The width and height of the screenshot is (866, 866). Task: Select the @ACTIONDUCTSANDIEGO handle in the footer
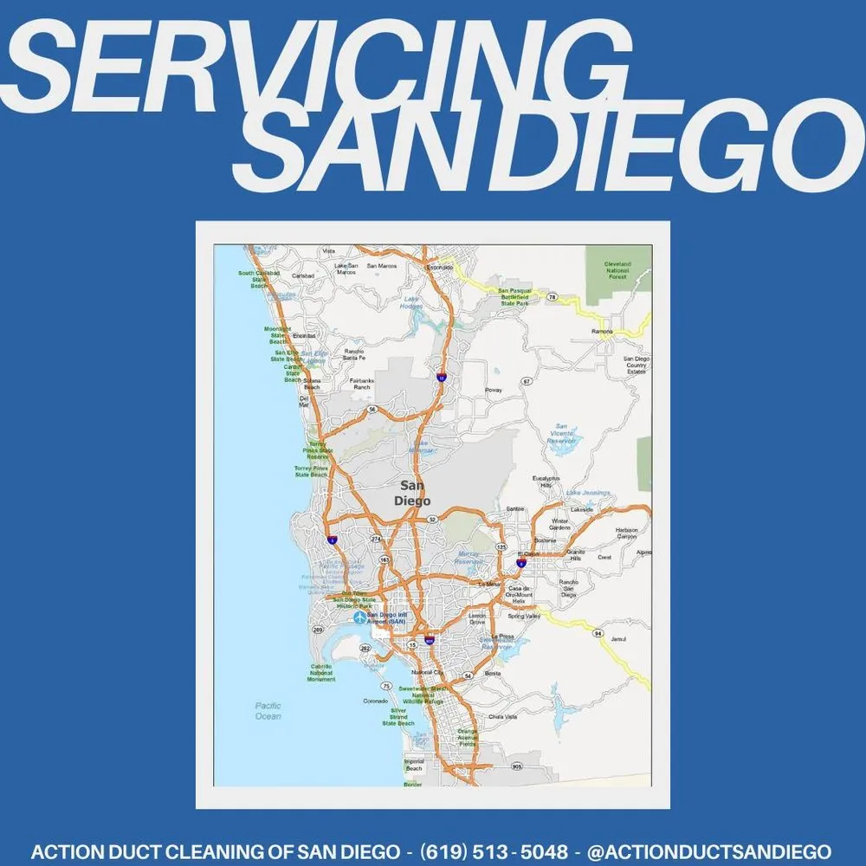point(709,851)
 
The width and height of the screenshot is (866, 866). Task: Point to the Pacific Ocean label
point(268,711)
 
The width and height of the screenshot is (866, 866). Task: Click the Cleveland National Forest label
point(617,270)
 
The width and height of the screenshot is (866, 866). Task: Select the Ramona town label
point(602,332)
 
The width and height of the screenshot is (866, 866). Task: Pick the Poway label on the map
point(493,391)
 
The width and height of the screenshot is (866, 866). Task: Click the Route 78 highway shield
point(552,296)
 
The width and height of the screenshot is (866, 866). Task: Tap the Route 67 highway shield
point(527,381)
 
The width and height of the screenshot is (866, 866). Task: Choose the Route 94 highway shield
point(598,634)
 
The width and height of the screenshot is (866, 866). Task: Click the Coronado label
point(374,701)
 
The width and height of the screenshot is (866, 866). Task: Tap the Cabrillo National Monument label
point(321,673)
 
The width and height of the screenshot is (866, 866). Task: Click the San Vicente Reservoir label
point(562,433)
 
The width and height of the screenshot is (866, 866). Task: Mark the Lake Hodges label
point(412,303)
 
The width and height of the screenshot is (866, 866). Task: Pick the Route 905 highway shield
point(517,766)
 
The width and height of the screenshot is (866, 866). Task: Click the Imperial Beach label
point(414,766)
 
